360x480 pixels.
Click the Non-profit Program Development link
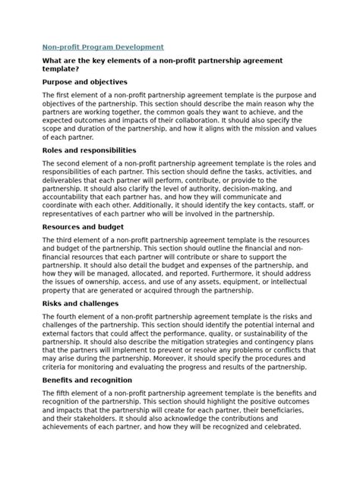(x=102, y=46)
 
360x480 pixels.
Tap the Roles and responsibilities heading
(x=89, y=150)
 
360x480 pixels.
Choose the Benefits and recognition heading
(x=87, y=379)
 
